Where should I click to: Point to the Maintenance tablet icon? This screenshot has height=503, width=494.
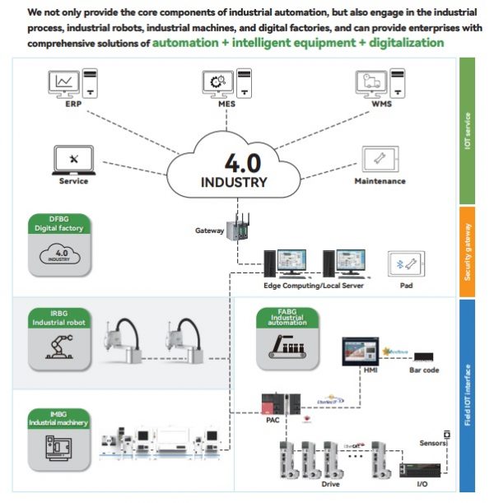coord(380,158)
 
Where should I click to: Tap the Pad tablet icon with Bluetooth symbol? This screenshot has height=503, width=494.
coord(406,264)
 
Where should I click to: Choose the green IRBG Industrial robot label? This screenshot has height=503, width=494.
coord(58,318)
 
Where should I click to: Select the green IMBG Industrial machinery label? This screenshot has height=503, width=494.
coord(58,417)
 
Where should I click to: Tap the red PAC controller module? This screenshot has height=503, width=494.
coord(275,404)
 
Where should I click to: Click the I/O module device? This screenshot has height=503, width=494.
coord(419,470)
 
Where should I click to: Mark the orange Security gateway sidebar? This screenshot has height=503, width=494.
coord(467,251)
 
